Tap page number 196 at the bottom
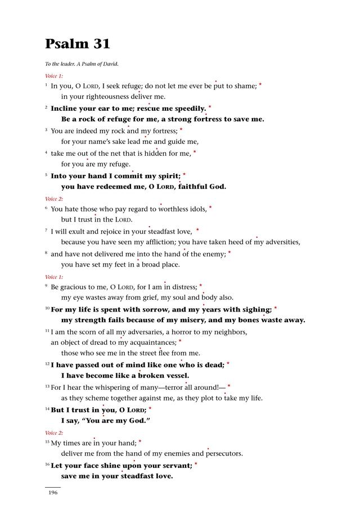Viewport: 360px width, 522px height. tap(53, 493)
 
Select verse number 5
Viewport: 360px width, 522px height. tap(46, 175)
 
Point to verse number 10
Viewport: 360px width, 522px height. tap(47, 309)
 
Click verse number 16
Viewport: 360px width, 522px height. tap(47, 465)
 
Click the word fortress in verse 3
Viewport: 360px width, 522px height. tap(163, 130)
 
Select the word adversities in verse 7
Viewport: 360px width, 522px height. tap(281, 242)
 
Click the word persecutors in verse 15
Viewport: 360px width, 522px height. tap(224, 453)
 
